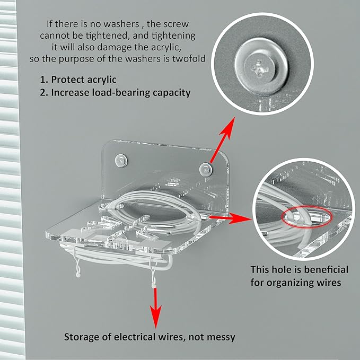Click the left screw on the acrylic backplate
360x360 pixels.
121,160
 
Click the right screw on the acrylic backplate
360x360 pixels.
206,170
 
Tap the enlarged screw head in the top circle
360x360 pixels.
260,67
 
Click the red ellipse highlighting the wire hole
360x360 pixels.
307,217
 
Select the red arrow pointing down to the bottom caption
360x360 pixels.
155,308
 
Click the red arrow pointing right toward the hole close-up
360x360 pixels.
230,218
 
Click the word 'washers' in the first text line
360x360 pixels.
121,24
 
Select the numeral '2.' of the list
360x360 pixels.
44,93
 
